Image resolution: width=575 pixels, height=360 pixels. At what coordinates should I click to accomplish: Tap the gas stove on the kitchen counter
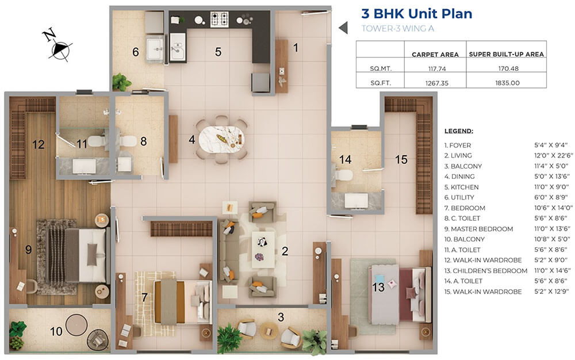coord(219,20)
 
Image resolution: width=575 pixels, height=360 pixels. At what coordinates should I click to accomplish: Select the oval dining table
coord(221,139)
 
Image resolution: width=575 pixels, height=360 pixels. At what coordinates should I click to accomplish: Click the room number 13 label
coord(378,287)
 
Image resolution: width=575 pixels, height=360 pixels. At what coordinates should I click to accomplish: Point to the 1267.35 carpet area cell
coord(437,83)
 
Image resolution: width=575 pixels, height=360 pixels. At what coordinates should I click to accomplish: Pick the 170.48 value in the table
coord(507,68)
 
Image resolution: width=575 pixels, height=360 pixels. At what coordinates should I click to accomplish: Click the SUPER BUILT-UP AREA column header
coord(506,54)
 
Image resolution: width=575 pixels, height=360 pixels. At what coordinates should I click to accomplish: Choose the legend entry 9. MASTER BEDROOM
coord(478,229)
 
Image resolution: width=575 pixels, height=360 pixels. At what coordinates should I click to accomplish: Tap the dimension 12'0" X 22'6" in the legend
coord(553,155)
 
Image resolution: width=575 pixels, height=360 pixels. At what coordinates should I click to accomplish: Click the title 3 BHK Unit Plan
coord(416,14)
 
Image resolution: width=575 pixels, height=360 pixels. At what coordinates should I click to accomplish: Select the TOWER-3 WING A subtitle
coord(397,28)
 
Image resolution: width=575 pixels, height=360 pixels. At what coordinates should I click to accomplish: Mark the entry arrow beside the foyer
coord(343,28)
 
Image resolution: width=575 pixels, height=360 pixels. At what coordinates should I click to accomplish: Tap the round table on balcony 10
coord(76,325)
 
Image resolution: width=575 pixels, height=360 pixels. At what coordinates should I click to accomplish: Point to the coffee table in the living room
coord(263,249)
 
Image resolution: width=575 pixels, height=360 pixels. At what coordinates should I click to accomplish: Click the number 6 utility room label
coord(136,52)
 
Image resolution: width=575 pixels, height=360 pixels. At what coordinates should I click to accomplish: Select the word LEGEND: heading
coord(459,131)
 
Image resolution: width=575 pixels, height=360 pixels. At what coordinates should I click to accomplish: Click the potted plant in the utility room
coord(121,82)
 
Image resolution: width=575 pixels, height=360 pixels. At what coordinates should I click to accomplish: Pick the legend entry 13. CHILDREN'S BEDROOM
coord(486,270)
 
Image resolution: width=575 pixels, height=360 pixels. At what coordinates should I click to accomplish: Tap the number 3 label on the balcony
coord(281,317)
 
